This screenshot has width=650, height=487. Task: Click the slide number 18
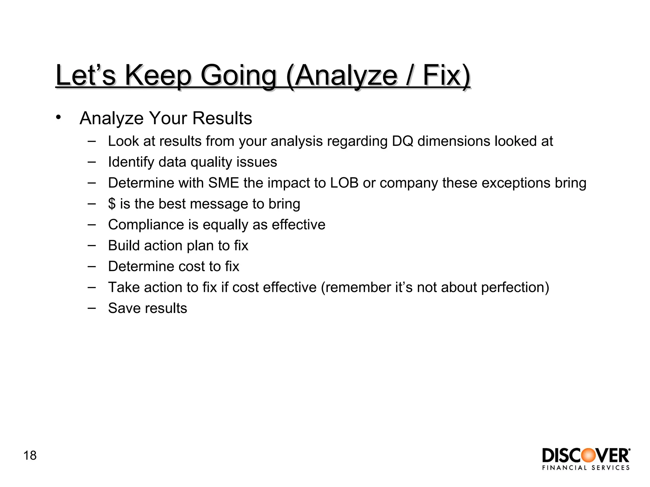(x=30, y=456)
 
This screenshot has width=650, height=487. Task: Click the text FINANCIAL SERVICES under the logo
(x=586, y=468)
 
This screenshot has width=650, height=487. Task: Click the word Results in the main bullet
(x=222, y=118)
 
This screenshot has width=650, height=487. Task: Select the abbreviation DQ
(x=402, y=141)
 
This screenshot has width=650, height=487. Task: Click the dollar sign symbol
(x=112, y=204)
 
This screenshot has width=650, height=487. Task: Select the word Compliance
(x=146, y=225)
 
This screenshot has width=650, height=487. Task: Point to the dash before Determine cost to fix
(x=92, y=266)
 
